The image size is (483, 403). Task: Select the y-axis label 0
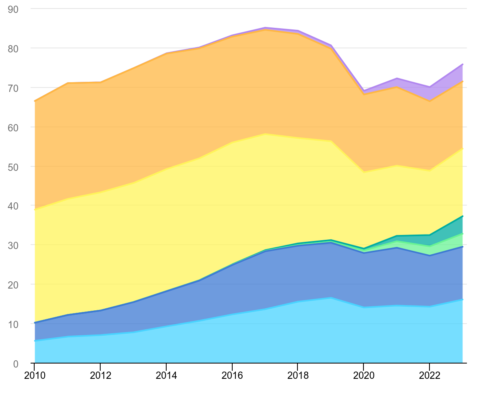(16, 364)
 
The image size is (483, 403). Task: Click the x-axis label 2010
(34, 376)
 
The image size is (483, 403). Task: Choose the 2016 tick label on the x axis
(232, 376)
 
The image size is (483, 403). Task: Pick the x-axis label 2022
(429, 376)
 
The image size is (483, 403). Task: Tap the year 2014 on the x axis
(166, 376)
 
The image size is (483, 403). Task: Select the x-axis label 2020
(363, 376)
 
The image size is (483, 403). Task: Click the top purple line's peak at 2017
(265, 27)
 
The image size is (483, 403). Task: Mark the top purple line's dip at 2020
(363, 91)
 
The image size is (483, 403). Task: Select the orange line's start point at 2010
(35, 101)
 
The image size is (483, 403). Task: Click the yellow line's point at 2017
(265, 134)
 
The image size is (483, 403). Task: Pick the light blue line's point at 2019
(331, 298)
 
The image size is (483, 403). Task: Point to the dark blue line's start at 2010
(35, 323)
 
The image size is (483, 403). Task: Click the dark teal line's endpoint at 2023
(462, 216)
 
